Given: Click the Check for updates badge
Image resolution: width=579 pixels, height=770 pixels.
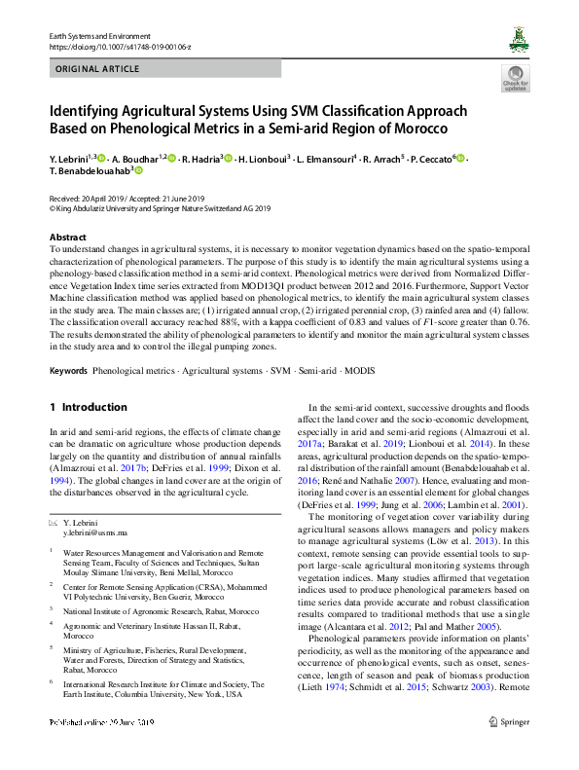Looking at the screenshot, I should click(x=515, y=78).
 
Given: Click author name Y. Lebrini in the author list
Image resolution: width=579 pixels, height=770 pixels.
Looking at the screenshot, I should click(x=70, y=157).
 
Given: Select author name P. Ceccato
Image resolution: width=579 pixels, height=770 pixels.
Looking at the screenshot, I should click(x=430, y=157).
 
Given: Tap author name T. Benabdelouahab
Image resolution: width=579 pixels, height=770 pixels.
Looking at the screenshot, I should click(x=90, y=170).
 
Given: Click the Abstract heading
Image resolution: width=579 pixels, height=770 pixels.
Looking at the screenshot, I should click(x=67, y=238).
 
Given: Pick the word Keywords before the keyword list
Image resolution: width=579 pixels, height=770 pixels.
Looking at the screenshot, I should click(x=68, y=371).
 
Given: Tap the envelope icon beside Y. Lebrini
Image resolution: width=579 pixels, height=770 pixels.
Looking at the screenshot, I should click(x=53, y=525).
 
